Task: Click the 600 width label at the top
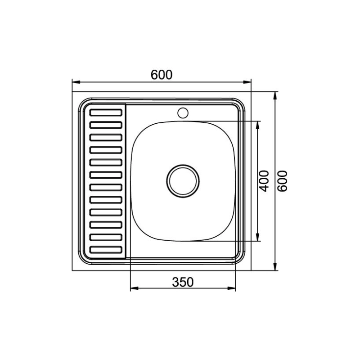(x=162, y=75)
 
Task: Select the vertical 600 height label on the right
(x=282, y=181)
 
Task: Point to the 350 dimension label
(x=183, y=282)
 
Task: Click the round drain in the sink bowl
(x=183, y=181)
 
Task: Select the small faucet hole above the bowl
(x=183, y=113)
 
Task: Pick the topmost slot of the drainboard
(x=106, y=112)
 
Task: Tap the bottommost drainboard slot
(x=106, y=250)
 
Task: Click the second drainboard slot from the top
(x=106, y=125)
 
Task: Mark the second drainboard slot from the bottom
(x=106, y=237)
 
